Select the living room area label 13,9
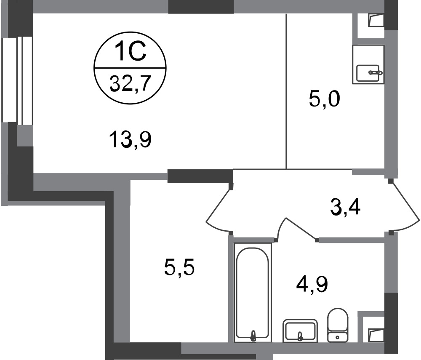point(130,139)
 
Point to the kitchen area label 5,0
point(324,99)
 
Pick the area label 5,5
point(179,267)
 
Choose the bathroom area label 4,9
point(312,284)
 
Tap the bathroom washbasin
point(300,331)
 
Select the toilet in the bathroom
point(338,325)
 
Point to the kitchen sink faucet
point(376,72)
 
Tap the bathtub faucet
point(253,336)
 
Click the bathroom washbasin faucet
point(300,336)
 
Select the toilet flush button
point(338,337)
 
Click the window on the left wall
point(17,80)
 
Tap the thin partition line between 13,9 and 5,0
point(286,91)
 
